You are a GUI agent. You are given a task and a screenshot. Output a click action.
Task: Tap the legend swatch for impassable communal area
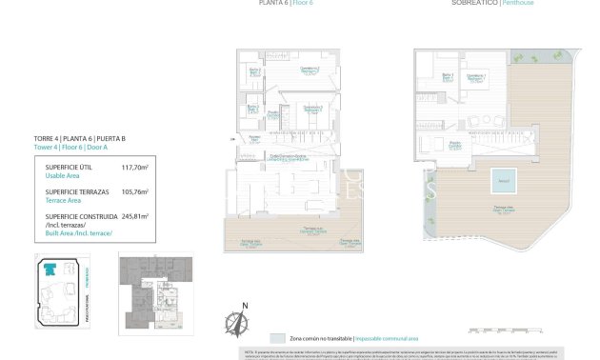coord(277,338)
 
